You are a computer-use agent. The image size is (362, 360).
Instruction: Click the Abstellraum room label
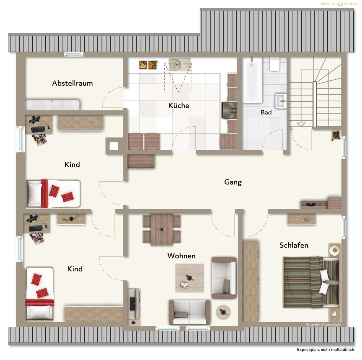(72, 83)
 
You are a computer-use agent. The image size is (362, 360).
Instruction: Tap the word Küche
(179, 105)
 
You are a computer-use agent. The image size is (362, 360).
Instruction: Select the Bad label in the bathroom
(266, 112)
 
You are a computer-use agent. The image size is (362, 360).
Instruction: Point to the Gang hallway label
(233, 182)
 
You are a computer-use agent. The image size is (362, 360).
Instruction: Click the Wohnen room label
(182, 256)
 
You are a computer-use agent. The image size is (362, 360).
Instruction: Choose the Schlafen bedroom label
(294, 245)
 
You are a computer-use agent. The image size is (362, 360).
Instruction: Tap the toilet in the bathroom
(275, 64)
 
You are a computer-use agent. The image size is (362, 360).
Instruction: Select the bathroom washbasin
(281, 101)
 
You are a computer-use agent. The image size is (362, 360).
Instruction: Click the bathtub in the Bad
(252, 80)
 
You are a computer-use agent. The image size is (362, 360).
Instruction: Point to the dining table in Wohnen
(161, 229)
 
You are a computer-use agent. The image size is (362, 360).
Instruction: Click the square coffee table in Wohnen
(190, 278)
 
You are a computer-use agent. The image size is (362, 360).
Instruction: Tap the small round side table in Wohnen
(223, 312)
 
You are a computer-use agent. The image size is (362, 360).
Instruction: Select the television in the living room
(133, 304)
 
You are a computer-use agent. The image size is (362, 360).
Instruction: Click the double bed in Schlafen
(311, 283)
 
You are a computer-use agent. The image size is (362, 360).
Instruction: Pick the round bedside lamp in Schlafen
(335, 250)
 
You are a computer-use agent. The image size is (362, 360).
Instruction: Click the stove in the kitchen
(229, 110)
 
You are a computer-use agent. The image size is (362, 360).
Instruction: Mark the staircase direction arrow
(301, 125)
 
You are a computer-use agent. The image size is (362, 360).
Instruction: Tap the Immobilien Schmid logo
(338, 4)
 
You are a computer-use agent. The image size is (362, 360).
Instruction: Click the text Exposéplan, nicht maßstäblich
(325, 350)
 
